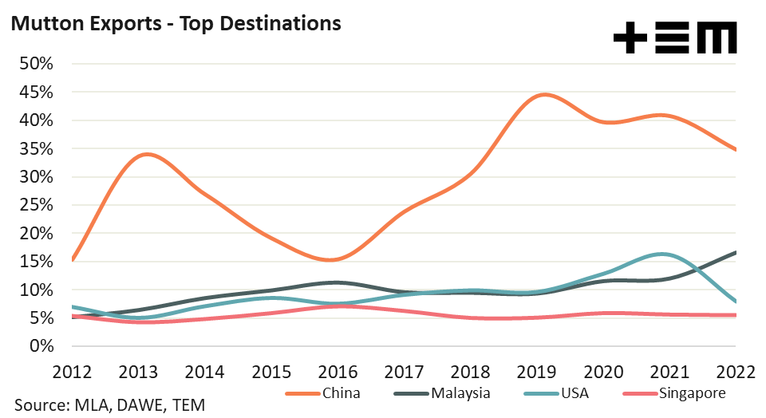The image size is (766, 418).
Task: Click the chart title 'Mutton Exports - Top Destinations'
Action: coord(175,24)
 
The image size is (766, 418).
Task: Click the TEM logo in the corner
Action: coord(675,37)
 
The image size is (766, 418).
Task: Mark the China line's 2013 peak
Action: coord(148,154)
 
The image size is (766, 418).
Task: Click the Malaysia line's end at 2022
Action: coord(734,252)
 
